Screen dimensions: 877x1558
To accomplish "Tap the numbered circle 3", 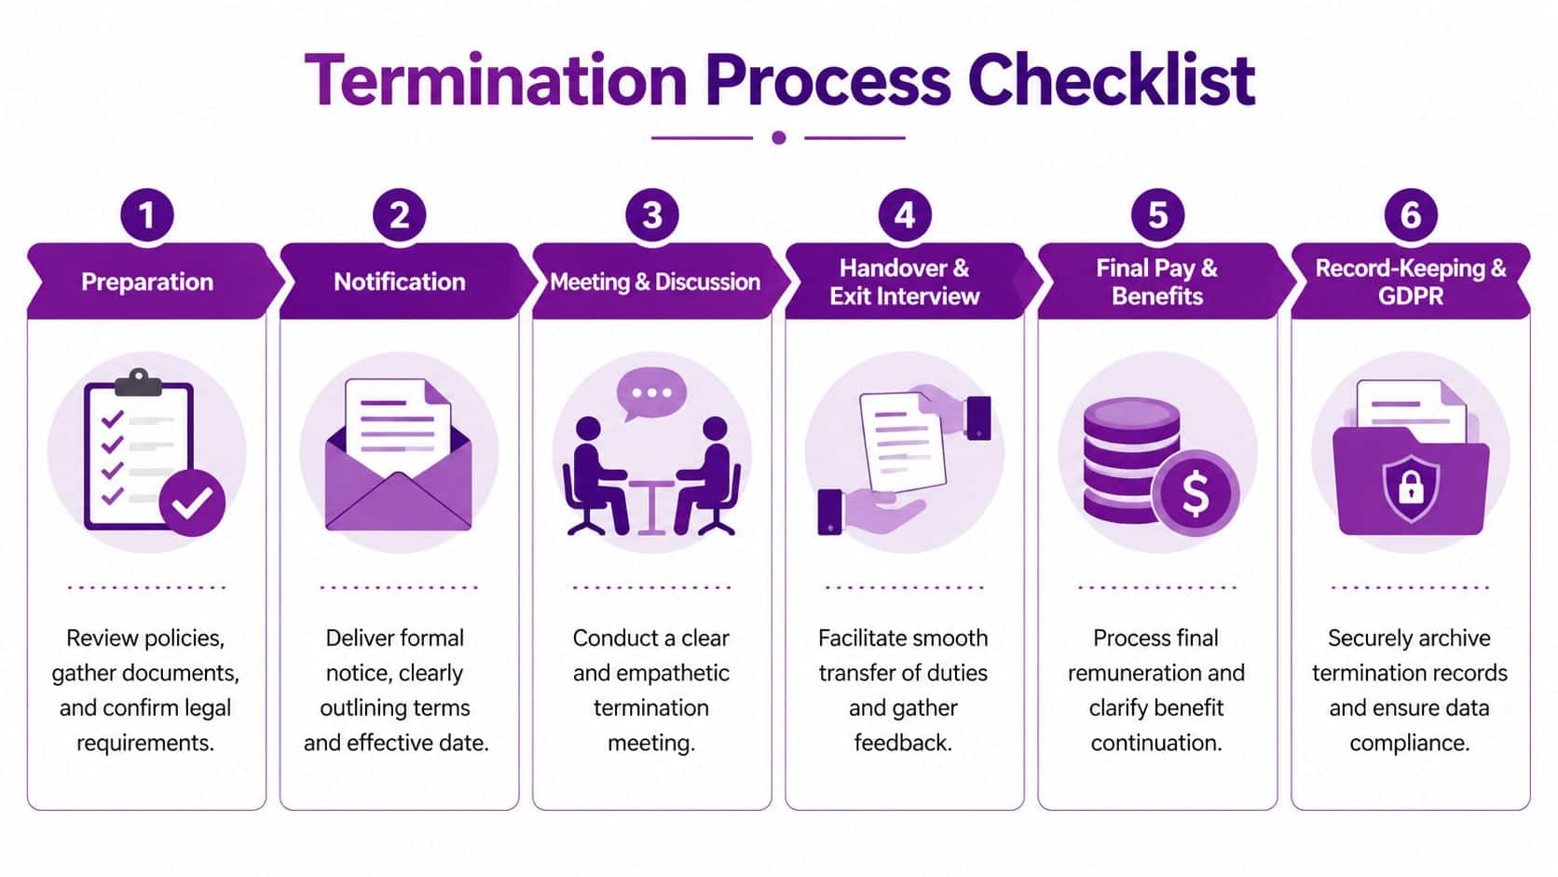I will coord(652,215).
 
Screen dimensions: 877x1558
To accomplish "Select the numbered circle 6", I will coord(1410,215).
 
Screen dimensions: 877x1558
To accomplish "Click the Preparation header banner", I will coord(147,281).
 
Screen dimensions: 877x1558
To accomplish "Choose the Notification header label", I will coord(399,281).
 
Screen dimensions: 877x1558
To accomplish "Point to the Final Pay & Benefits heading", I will coord(1156,281).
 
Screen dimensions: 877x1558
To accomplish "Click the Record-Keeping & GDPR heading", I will coord(1410,281).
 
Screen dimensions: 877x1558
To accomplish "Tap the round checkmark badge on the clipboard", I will coord(192,503).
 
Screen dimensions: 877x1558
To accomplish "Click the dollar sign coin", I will coord(1196,493).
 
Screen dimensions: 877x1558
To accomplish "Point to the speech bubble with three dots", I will coord(651,393).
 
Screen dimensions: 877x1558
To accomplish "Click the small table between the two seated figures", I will coord(651,503).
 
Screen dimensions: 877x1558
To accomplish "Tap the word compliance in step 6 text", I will coord(1409,743).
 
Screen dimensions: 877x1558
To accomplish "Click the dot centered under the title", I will coord(779,138).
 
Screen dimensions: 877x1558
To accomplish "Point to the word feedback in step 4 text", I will coord(901,743).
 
